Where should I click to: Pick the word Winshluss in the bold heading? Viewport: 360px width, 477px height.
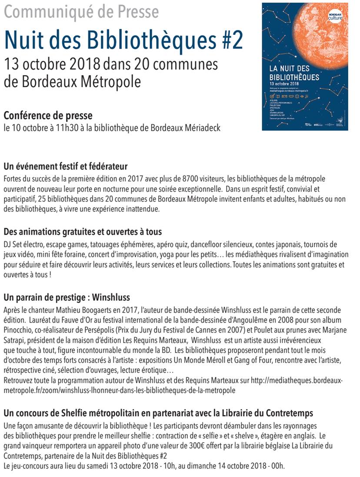110,298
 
